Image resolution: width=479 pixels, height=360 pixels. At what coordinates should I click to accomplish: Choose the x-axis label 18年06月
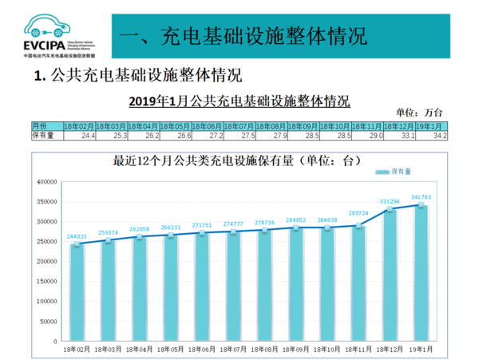pyautogui.click(x=203, y=348)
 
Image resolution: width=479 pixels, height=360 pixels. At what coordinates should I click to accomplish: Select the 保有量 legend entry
pyautogui.click(x=402, y=172)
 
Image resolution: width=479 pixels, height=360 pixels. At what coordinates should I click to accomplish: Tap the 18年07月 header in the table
pyautogui.click(x=239, y=126)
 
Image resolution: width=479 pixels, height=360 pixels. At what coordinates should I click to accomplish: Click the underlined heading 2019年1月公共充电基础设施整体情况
pyautogui.click(x=239, y=101)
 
